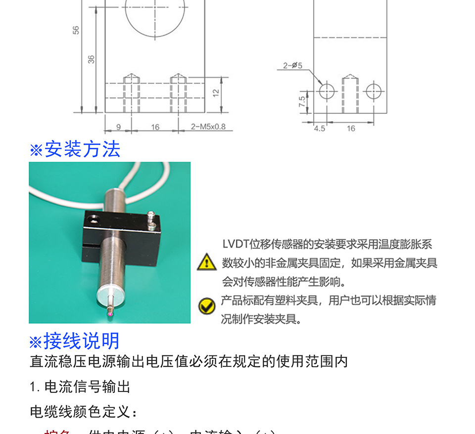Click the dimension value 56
click(76, 30)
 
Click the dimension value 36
click(91, 59)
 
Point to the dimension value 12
click(216, 92)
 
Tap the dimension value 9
click(118, 127)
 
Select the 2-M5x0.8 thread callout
click(208, 127)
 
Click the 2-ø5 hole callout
click(292, 65)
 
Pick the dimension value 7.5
click(302, 102)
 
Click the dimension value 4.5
click(320, 129)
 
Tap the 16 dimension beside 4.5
click(351, 129)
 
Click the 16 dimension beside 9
click(155, 127)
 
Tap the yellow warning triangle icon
click(206, 262)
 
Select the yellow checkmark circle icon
click(206, 306)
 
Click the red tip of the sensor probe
click(109, 311)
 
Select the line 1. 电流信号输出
click(80, 387)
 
